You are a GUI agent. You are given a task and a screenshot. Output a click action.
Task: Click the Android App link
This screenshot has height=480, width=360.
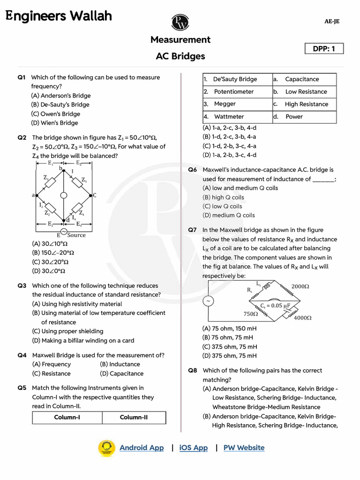142,448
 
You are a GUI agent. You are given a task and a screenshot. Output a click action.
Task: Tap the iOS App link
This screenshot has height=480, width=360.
193,448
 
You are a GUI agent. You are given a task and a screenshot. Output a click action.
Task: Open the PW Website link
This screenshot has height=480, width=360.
244,448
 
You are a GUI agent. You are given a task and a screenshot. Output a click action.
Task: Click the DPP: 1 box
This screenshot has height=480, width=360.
324,49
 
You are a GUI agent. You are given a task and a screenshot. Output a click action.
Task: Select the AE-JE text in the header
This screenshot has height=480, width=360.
331,22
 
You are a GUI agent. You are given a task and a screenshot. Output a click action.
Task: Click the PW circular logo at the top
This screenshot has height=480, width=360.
180,22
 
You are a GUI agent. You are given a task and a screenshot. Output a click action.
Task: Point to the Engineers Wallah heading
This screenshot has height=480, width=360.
59,16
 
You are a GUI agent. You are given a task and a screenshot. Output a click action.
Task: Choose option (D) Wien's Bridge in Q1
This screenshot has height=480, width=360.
54,123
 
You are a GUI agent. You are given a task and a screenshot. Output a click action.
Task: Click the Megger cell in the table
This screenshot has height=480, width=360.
225,104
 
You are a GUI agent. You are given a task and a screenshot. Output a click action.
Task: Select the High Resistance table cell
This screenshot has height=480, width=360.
306,104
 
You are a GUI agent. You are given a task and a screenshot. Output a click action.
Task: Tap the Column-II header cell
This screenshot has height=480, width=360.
134,417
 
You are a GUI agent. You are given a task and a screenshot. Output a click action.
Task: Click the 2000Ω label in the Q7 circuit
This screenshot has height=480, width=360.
300,286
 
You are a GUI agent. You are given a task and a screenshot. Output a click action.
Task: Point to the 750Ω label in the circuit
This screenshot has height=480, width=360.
251,314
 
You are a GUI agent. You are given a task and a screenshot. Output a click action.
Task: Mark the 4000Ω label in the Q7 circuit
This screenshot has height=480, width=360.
302,317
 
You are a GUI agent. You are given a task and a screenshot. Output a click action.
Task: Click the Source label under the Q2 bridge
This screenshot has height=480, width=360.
76,235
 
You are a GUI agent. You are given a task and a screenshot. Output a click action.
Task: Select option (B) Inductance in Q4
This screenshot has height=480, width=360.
120,364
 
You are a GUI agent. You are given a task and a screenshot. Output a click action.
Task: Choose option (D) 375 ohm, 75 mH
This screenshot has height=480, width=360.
229,356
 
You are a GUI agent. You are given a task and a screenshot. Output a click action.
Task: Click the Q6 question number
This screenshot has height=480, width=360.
193,170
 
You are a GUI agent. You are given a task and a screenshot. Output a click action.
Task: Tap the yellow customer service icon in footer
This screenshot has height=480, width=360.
106,448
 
